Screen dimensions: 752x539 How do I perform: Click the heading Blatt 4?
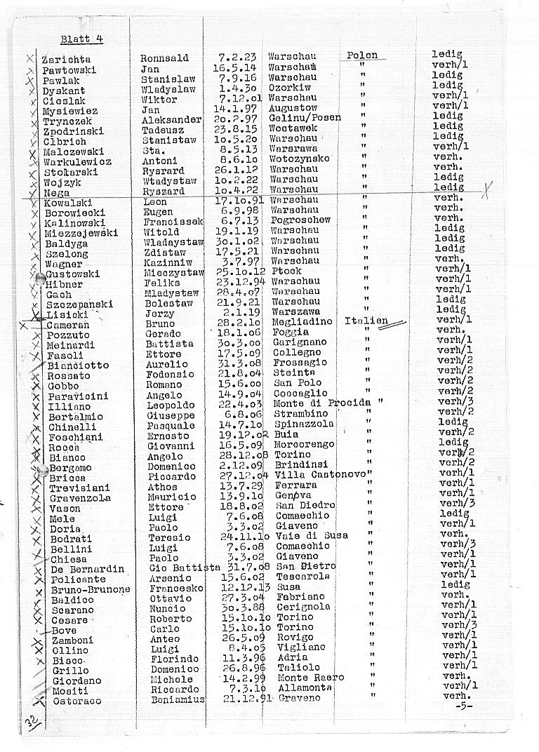click(81, 39)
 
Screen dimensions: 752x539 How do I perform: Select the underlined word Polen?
click(362, 55)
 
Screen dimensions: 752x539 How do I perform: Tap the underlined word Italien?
click(366, 321)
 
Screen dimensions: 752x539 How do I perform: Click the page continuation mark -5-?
click(461, 706)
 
